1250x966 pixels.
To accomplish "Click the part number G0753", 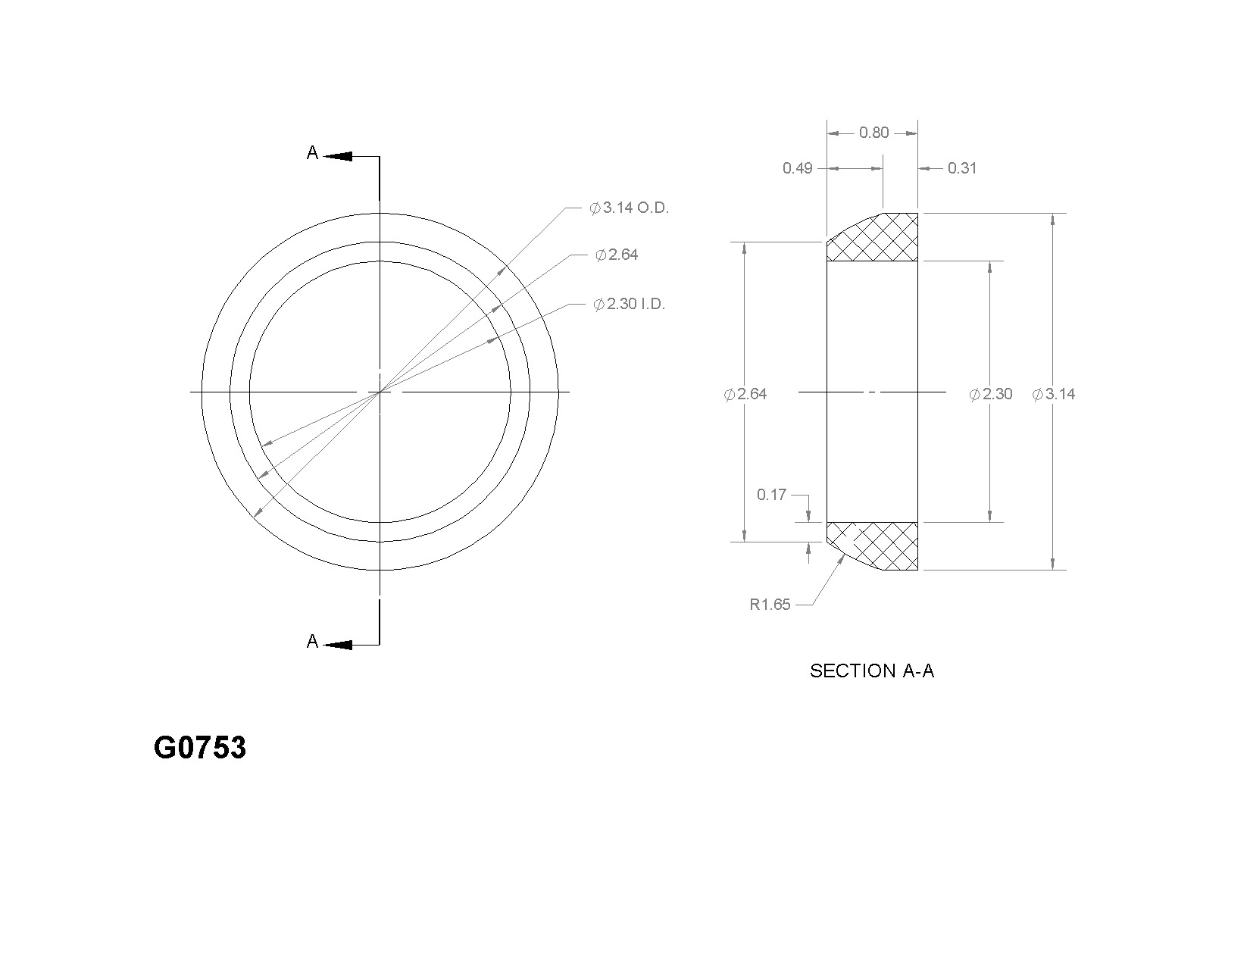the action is pos(199,748).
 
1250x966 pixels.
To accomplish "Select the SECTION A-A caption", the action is pos(872,671).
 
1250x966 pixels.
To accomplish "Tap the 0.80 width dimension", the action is pos(873,133).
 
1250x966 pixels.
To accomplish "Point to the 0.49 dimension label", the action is pos(797,168).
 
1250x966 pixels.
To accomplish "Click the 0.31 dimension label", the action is pos(962,168).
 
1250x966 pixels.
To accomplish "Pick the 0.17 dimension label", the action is pos(771,495).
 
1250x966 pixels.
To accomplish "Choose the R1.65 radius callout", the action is pos(770,605).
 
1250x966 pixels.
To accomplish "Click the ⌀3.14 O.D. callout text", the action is pos(630,208).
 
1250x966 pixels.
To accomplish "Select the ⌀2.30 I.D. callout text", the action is pos(630,304).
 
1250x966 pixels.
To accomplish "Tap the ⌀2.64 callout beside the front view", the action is pos(617,255).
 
